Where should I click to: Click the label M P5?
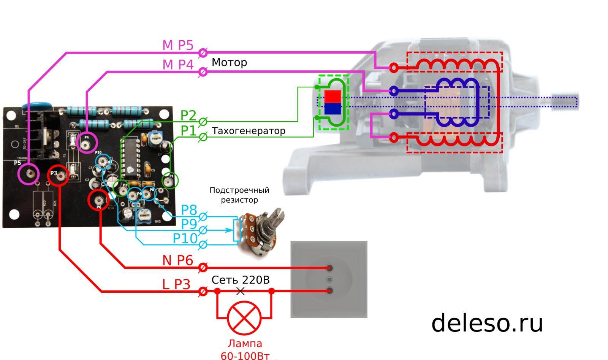(178, 45)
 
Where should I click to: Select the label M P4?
(178, 65)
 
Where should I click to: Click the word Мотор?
(229, 62)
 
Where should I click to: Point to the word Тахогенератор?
(249, 131)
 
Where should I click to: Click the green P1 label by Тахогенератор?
(188, 131)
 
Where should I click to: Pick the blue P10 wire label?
(185, 239)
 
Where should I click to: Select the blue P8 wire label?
(189, 210)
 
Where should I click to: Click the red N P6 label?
(178, 260)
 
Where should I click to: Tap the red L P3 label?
(176, 284)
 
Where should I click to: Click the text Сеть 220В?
(240, 280)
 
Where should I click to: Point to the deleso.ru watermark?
(487, 323)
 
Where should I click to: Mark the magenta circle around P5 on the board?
(28, 174)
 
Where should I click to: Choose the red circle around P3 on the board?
(58, 175)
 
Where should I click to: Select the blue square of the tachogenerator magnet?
(332, 109)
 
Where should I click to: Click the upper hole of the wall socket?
(329, 268)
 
